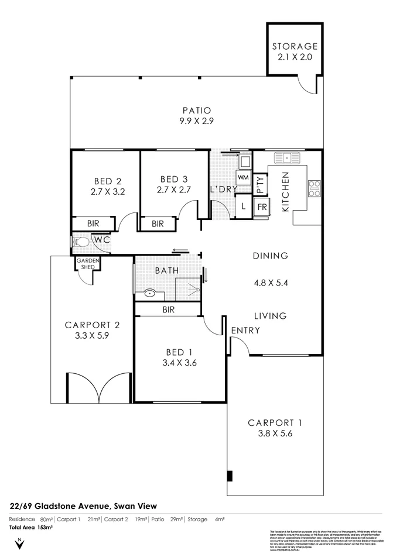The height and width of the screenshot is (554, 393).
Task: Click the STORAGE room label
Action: [295, 46]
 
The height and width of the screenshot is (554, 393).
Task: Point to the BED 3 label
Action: [174, 178]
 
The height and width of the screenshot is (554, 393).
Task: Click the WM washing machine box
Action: [243, 177]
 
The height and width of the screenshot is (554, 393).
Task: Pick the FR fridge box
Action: [261, 207]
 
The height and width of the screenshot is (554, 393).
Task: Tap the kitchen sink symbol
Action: [286, 157]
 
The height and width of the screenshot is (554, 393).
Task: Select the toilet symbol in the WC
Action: [80, 240]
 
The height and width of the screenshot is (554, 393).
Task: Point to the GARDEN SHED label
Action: [87, 264]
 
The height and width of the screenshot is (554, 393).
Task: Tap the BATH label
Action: [166, 271]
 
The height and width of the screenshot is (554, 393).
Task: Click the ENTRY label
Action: [245, 331]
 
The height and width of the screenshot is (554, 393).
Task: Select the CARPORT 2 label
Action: [92, 325]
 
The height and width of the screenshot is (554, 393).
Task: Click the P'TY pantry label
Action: [261, 185]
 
